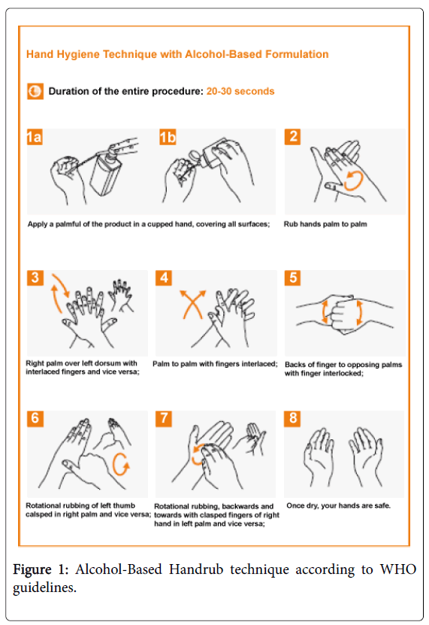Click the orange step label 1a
coord(35,137)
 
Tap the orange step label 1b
coord(168,137)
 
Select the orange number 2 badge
coord(292,137)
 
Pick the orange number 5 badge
coord(293,278)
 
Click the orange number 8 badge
coord(293,418)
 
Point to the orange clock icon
coord(35,91)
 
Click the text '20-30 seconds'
coord(240,91)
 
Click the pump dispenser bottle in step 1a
coord(105,171)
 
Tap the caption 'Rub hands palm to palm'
coord(325,224)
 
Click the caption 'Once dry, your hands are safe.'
coord(338,505)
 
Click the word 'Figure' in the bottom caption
coord(32,570)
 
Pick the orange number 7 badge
coord(164,418)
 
